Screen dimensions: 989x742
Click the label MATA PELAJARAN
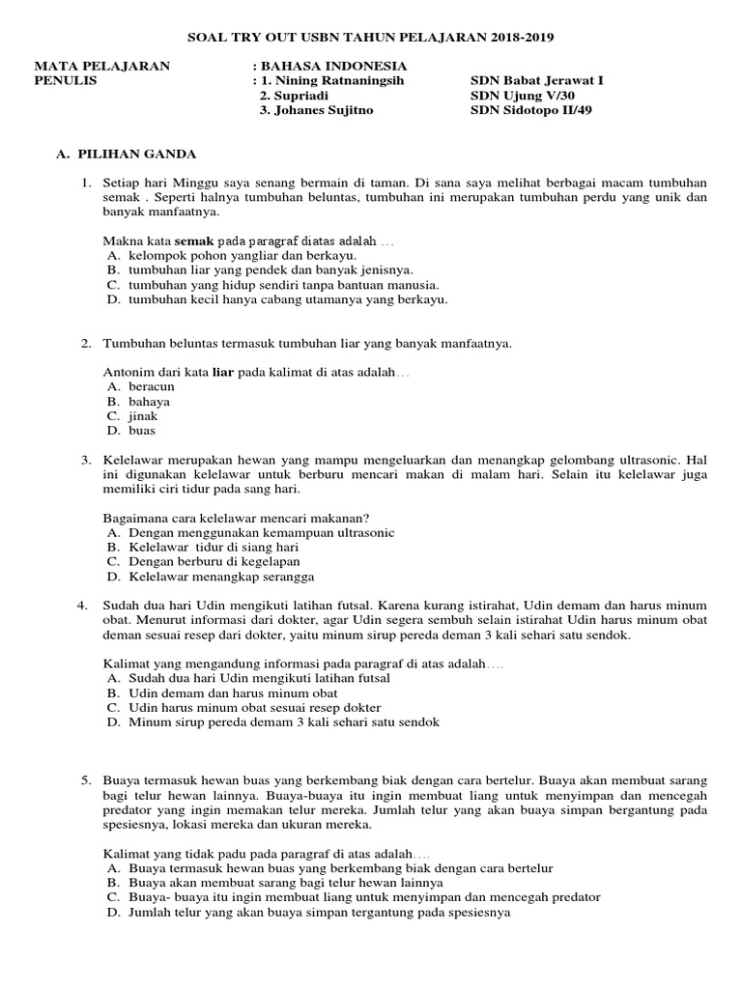pyautogui.click(x=102, y=67)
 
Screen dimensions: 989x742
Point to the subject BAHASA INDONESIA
pyautogui.click(x=333, y=67)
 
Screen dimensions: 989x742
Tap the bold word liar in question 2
pyautogui.click(x=223, y=372)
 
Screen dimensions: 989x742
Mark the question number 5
pyautogui.click(x=85, y=779)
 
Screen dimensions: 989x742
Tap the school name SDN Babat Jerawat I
pyautogui.click(x=535, y=81)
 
